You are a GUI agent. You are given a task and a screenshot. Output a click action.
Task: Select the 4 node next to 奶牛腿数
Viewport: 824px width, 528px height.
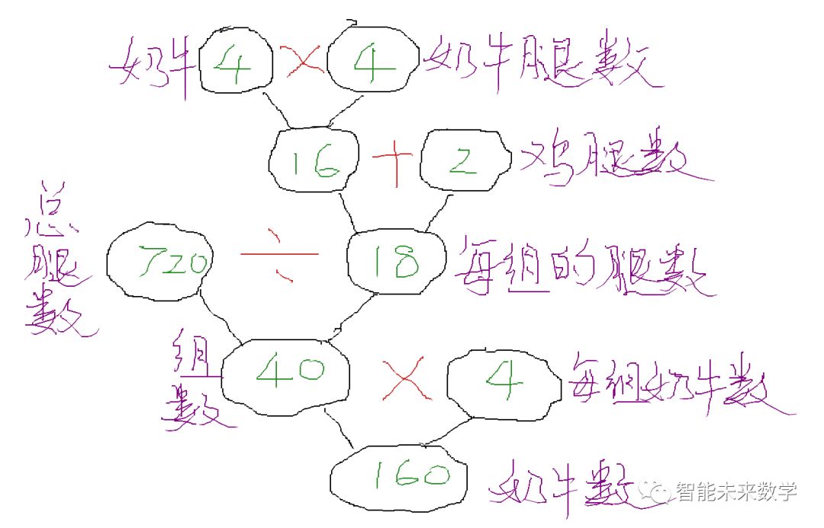[x=374, y=65]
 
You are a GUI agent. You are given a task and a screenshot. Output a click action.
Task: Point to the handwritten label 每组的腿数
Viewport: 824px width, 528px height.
[x=584, y=267]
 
